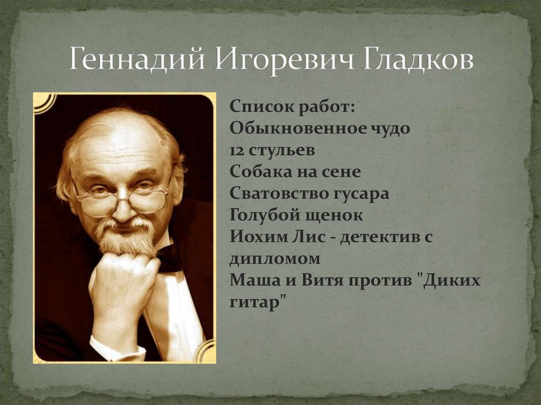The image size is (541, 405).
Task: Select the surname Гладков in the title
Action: (x=418, y=60)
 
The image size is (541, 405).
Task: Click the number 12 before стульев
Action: (x=238, y=150)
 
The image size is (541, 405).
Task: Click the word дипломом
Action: (x=275, y=259)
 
